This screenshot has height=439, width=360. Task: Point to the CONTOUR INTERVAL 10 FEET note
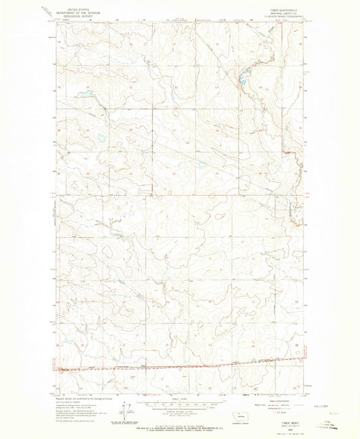pyautogui.click(x=179, y=412)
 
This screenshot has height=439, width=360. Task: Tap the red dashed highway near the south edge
pyautogui.click(x=169, y=368)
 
